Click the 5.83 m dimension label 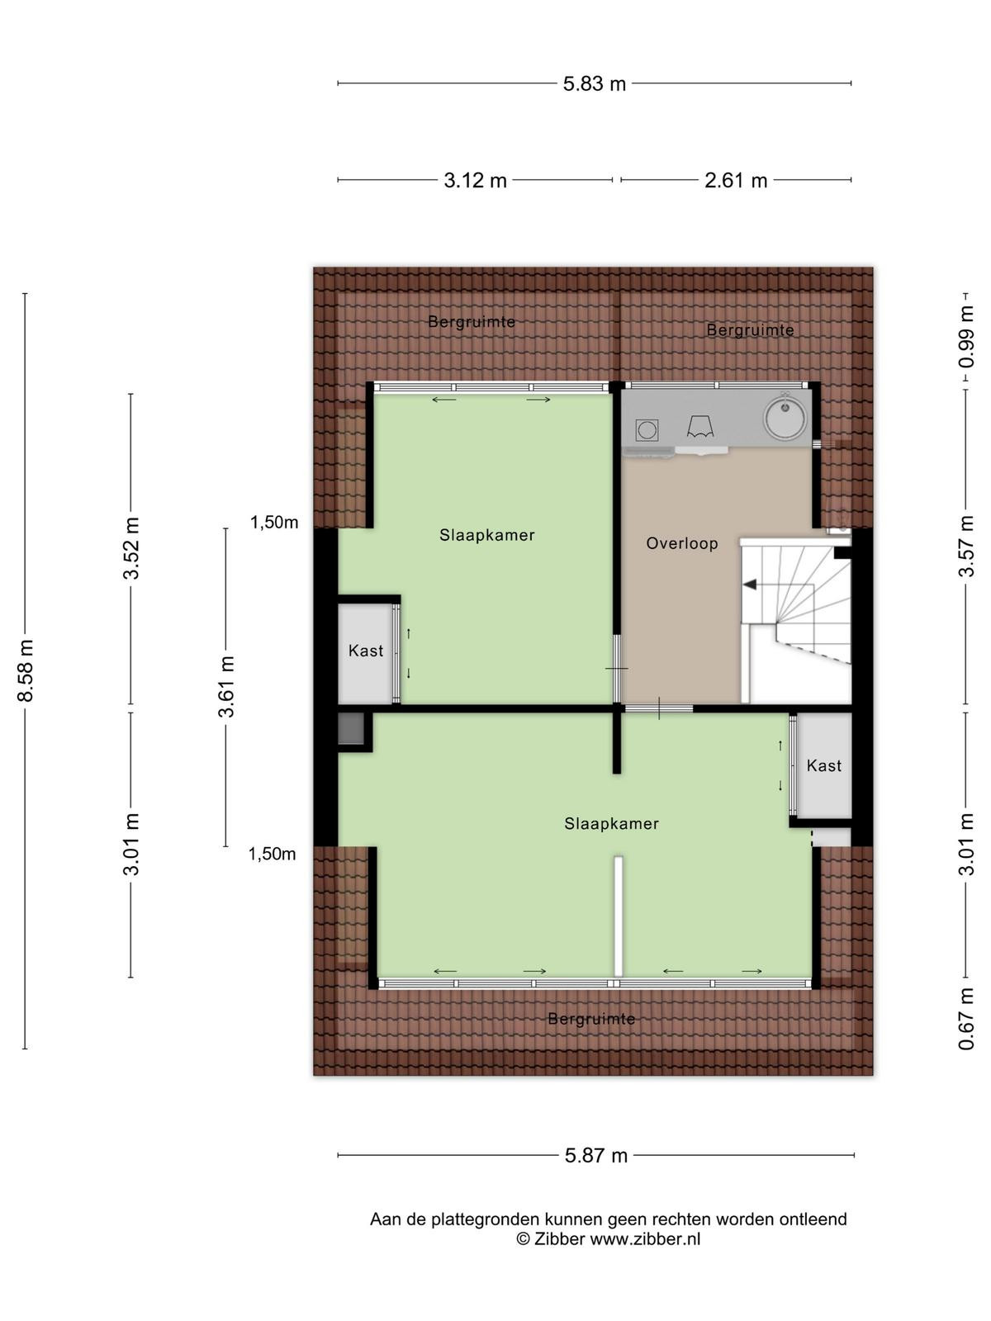[x=594, y=83]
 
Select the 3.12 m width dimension [x=475, y=180]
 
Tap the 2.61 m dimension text [x=735, y=180]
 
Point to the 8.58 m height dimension [x=26, y=670]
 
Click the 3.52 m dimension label [x=131, y=547]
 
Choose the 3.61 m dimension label [x=226, y=687]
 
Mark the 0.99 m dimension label [x=965, y=336]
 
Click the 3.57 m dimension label [x=965, y=546]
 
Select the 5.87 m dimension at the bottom [x=595, y=1156]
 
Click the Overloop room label [x=682, y=543]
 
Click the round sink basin [x=785, y=416]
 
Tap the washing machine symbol [x=647, y=430]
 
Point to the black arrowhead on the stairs [x=750, y=584]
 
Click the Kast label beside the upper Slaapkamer [x=366, y=651]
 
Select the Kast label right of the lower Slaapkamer [x=823, y=765]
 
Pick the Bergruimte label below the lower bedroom [x=591, y=1019]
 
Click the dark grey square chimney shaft [x=351, y=729]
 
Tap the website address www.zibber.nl [x=645, y=1238]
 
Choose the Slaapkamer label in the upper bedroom [x=486, y=535]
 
